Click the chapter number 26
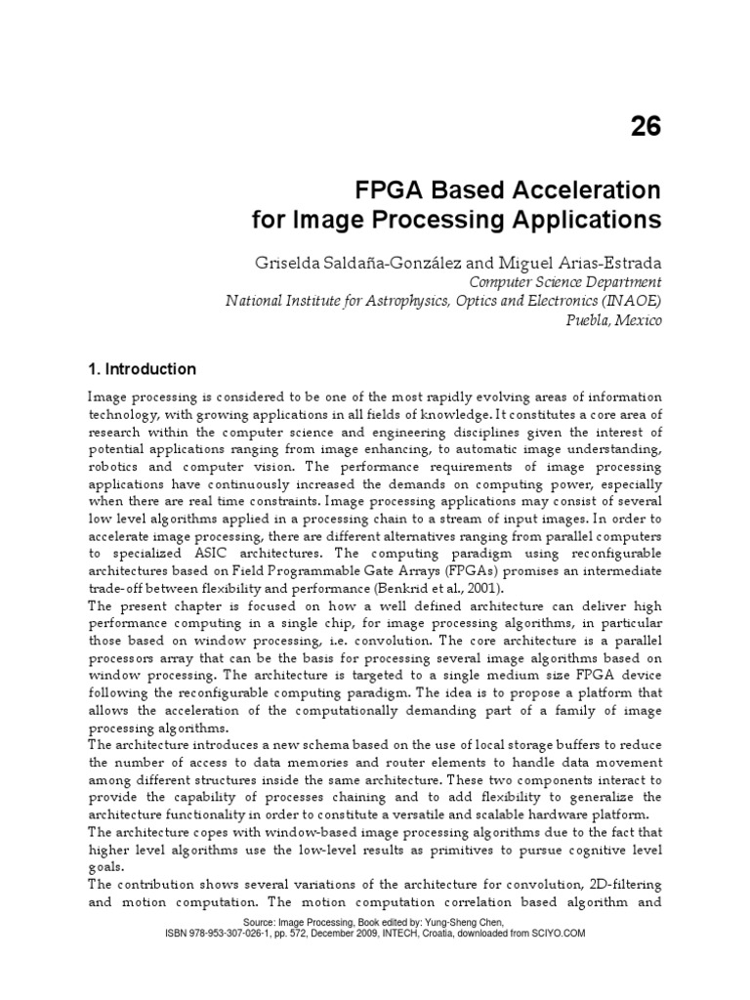(x=640, y=126)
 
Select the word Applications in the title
(x=585, y=220)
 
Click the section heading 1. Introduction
(x=142, y=369)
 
